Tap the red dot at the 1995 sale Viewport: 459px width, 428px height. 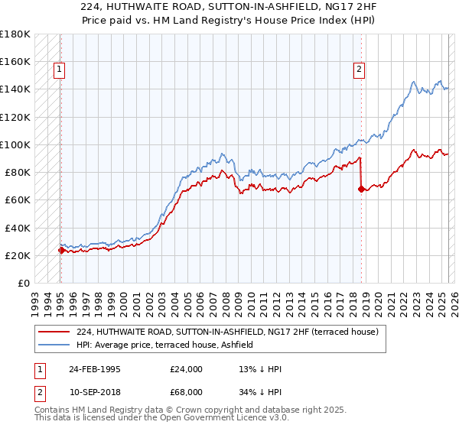(60, 249)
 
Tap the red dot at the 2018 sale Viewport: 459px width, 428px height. (360, 189)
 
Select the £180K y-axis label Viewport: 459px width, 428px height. (15, 34)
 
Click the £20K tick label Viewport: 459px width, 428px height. (18, 255)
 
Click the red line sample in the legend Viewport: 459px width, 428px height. (54, 332)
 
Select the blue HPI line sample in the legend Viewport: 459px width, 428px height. (54, 345)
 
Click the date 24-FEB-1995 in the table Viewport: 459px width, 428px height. (96, 369)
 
